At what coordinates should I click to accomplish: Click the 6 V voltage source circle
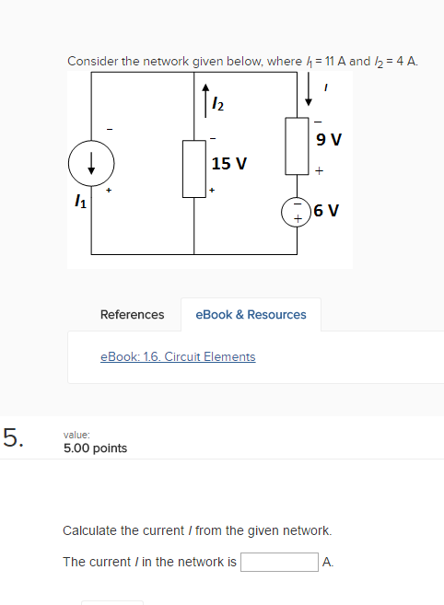tap(297, 210)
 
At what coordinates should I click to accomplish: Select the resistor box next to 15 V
tap(193, 169)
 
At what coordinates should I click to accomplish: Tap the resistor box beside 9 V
tap(297, 145)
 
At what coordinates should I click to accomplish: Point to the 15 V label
tap(228, 164)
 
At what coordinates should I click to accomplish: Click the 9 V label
tap(327, 140)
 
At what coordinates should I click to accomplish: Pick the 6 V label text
tap(327, 210)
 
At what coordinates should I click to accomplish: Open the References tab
tap(132, 314)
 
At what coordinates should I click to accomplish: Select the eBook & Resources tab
tap(251, 314)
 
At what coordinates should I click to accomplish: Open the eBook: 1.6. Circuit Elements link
tap(177, 356)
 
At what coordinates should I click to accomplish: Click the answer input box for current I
tap(279, 562)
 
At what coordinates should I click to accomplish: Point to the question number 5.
tap(13, 436)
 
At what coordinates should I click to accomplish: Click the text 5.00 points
tap(95, 448)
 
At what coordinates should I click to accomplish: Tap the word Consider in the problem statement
tap(92, 62)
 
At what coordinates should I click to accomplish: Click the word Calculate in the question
tap(90, 530)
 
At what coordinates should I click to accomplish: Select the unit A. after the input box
tap(329, 562)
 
